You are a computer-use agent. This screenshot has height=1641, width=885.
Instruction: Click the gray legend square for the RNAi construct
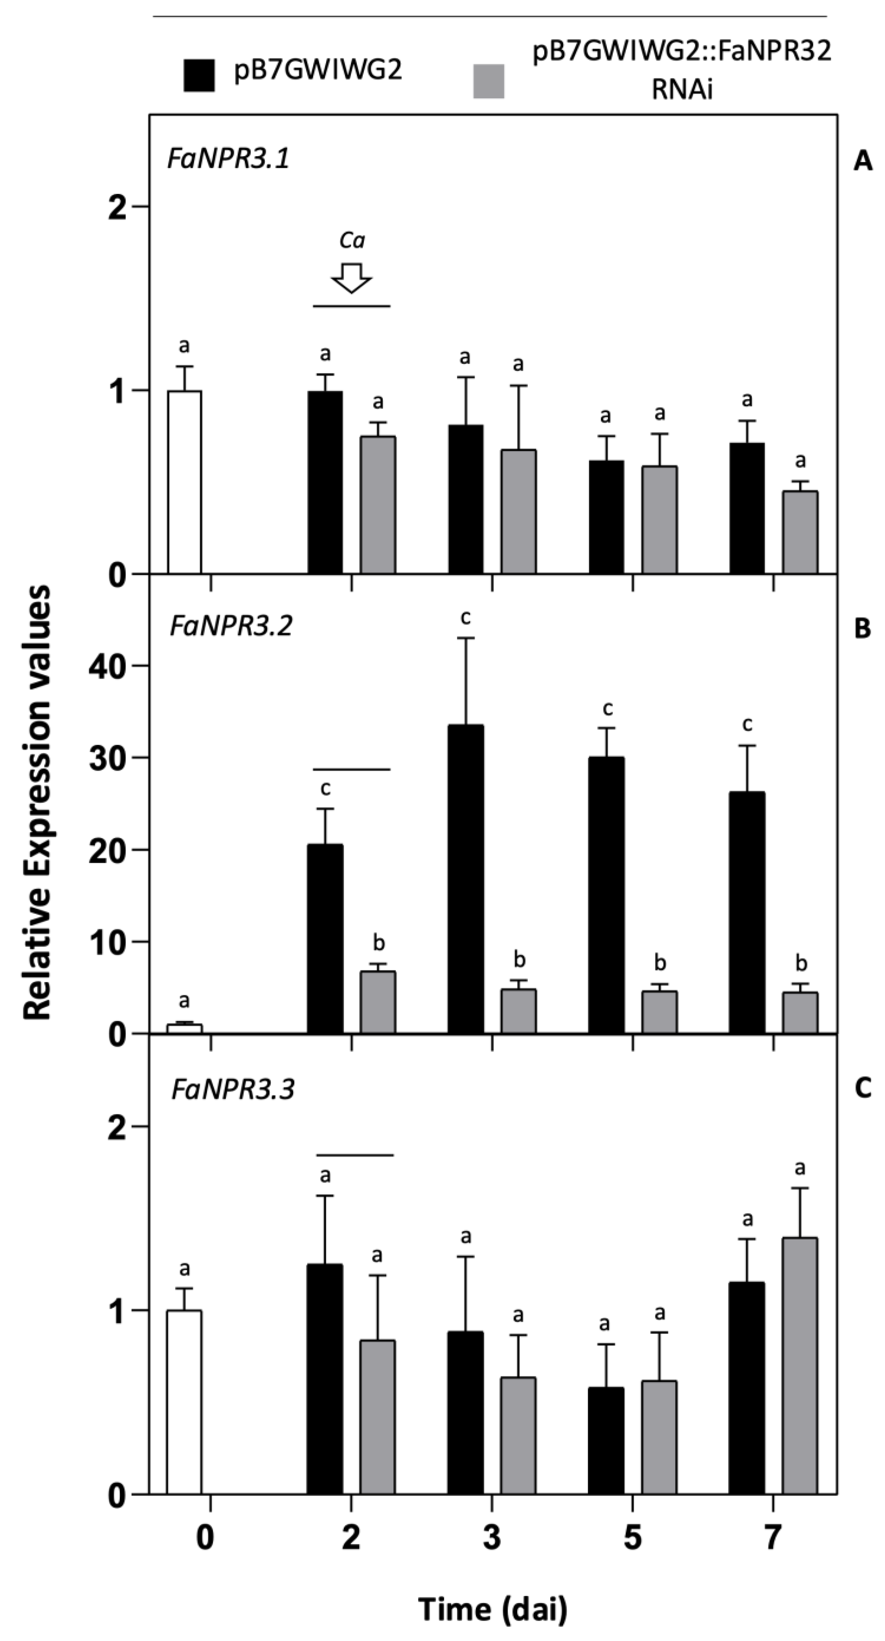tap(488, 81)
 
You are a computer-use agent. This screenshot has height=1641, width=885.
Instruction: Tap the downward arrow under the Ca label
tap(351, 278)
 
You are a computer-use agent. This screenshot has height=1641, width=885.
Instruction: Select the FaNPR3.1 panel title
tap(228, 158)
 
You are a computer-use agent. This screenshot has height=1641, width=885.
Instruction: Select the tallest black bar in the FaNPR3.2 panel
tap(465, 879)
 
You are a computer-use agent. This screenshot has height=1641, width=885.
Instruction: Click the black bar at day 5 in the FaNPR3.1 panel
tap(606, 517)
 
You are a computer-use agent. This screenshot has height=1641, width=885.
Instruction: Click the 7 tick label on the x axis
tap(772, 1538)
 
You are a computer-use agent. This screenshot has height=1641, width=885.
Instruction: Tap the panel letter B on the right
tap(862, 628)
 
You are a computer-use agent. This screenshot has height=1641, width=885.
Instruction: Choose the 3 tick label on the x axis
tap(492, 1538)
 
